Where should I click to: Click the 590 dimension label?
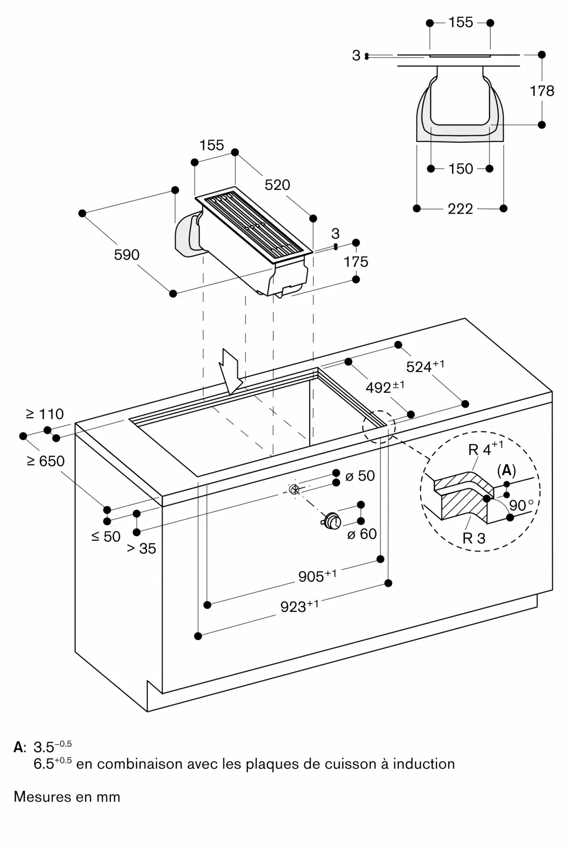[126, 255]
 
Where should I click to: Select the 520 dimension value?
[277, 185]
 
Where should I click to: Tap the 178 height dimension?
[542, 91]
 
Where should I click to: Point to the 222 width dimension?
[460, 209]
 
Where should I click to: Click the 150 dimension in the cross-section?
[460, 169]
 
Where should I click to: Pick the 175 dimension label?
[356, 261]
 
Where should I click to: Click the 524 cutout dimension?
[425, 366]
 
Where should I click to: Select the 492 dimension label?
[384, 387]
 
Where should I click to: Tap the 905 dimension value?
[317, 576]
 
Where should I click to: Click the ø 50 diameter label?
[360, 476]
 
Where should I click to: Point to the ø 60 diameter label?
[362, 534]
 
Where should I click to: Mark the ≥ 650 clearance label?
[45, 461]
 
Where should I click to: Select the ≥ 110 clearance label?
[45, 414]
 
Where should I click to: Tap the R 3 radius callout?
[474, 538]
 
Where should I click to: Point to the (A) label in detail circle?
[506, 470]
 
